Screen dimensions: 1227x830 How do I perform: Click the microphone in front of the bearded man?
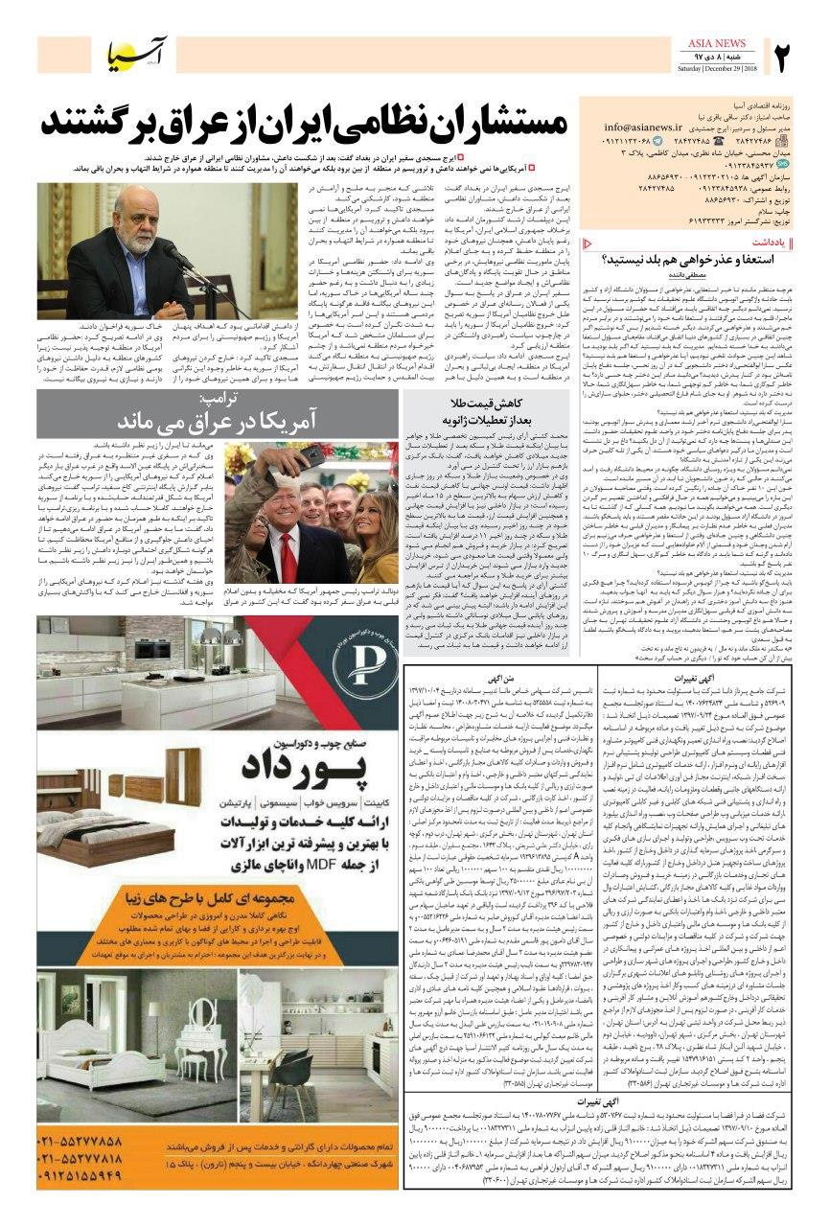[x=172, y=253]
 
